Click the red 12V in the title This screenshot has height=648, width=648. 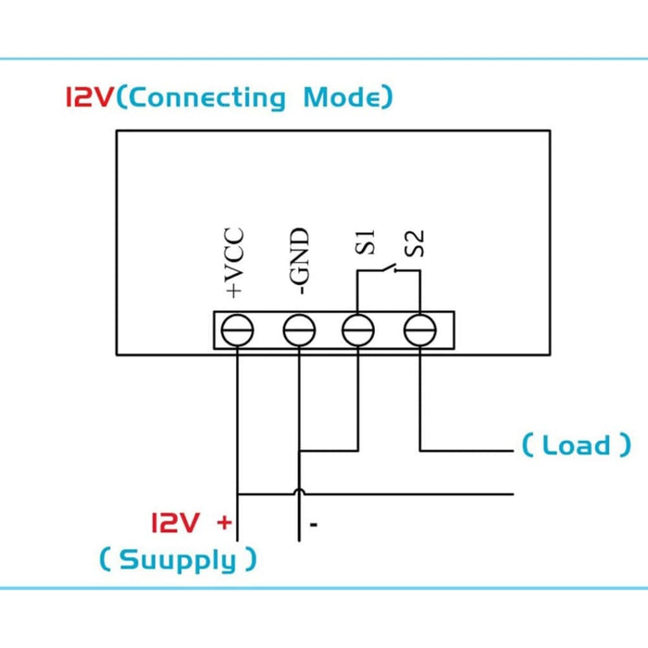pos(90,97)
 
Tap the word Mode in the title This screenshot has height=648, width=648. pos(342,97)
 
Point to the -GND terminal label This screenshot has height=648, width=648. pos(297,262)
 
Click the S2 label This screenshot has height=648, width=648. pos(416,243)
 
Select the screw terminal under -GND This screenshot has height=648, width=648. pos(298,330)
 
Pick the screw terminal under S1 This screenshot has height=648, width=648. pos(358,330)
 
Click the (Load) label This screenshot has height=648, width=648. pos(576,445)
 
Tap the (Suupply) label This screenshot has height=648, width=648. pos(178,559)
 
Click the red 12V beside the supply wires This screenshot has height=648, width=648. pos(176,523)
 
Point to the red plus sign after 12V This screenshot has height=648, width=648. pos(223,522)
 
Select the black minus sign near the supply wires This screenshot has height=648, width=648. pos(314,526)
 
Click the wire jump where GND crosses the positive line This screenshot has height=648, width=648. pos(298,492)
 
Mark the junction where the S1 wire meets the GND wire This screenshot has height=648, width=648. pos(298,451)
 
